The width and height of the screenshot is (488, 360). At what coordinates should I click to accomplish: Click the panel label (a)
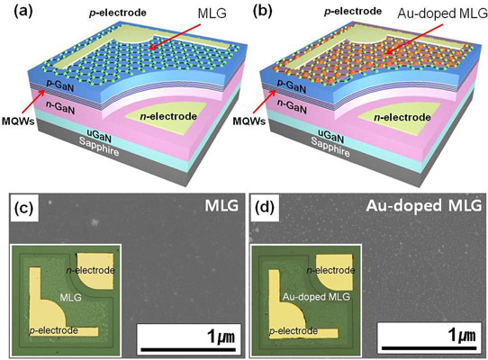coord(23,11)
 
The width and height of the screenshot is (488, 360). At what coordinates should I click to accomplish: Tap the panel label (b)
coord(263,11)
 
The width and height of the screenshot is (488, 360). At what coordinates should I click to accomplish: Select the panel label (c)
coord(24,208)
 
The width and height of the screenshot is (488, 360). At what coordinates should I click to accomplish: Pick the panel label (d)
coord(265,208)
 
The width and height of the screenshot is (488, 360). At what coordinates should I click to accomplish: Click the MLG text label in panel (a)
coord(212,13)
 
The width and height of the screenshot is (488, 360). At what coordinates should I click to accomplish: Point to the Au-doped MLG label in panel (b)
coord(443,13)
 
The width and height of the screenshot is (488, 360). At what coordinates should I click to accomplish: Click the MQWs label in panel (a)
coord(18,121)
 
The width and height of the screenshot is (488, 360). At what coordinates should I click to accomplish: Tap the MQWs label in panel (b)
coord(249,121)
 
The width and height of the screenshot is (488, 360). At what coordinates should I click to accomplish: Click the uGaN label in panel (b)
coord(330,135)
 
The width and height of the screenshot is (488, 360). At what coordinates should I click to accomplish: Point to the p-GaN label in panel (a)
coord(60,85)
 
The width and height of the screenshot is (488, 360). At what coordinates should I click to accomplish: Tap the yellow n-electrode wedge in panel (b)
coord(399,117)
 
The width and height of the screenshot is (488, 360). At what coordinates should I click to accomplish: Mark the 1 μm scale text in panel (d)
coord(462,336)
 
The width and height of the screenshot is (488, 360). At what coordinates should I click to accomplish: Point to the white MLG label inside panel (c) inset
coord(70,298)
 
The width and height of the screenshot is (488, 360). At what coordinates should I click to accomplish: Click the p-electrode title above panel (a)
coord(118,13)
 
